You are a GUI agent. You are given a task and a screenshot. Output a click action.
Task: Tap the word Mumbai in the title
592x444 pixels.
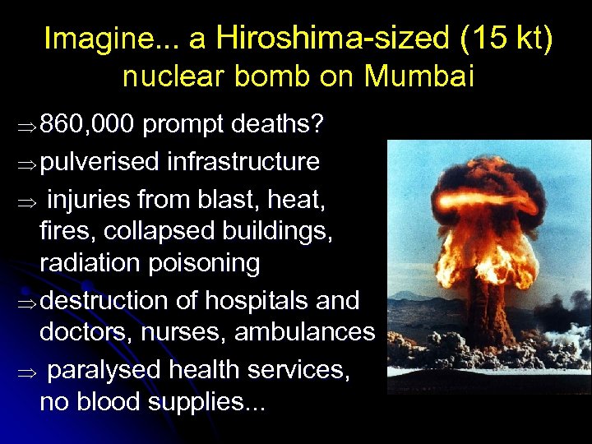[419, 76]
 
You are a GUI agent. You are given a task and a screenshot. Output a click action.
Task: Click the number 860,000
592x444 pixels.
[87, 125]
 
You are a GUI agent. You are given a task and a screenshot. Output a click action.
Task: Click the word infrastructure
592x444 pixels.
[243, 161]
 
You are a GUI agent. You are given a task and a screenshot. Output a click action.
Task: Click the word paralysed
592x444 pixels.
[103, 369]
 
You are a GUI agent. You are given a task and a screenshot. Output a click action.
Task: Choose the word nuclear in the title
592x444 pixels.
[173, 76]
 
